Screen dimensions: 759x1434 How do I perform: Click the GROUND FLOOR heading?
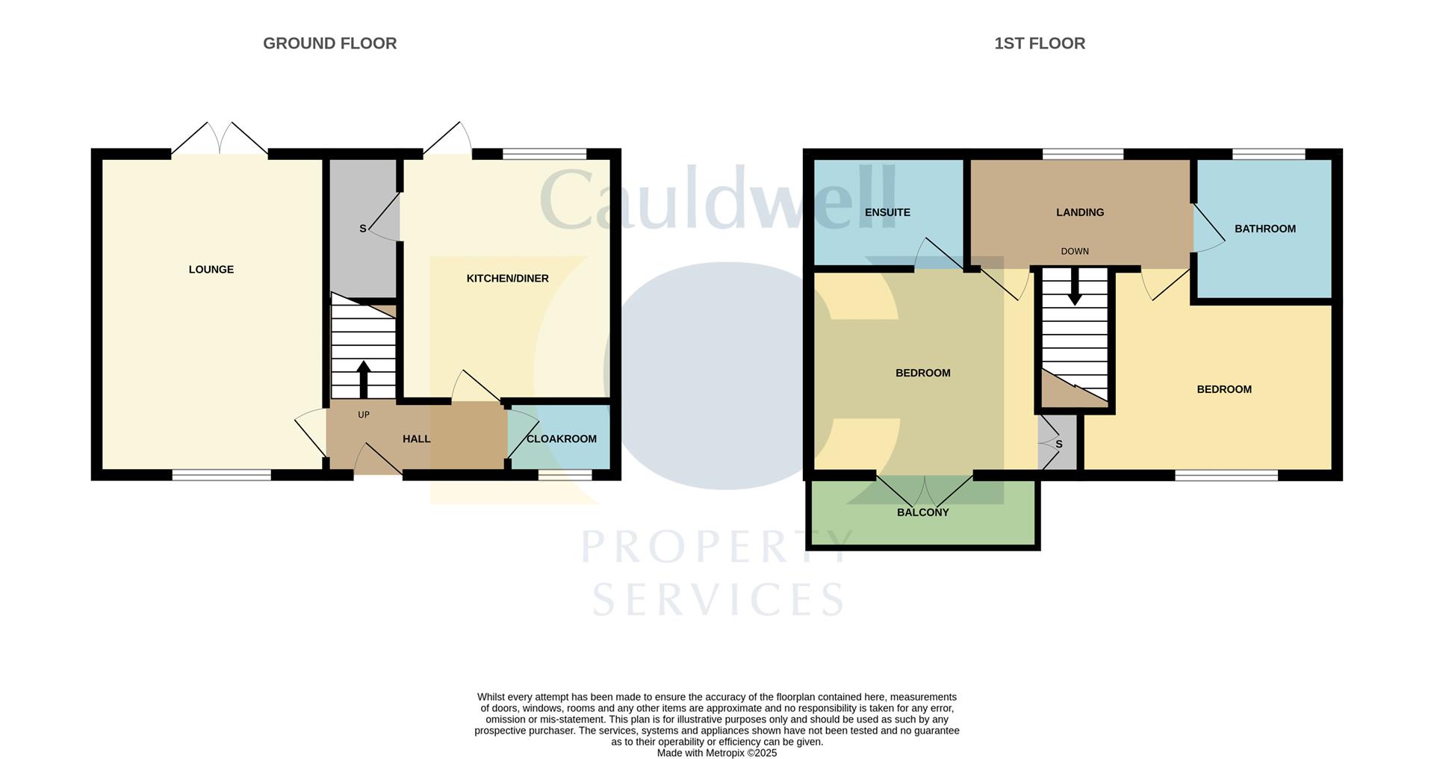pos(329,43)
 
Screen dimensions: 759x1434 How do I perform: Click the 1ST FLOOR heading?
pos(1039,43)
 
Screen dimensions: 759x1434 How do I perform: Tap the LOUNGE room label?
pos(211,270)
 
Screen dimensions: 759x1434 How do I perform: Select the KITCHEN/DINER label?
pos(507,279)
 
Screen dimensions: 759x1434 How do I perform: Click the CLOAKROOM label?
pos(561,439)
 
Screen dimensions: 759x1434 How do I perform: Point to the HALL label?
pos(416,439)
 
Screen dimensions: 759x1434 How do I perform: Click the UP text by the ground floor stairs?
pos(364,415)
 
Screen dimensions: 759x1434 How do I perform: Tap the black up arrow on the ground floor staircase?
pos(364,377)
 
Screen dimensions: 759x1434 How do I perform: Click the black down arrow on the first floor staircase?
pos(1075,288)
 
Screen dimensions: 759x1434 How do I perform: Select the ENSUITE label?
pos(887,213)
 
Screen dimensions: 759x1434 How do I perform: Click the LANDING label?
pos(1079,213)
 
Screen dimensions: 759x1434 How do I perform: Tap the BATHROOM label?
pos(1264,229)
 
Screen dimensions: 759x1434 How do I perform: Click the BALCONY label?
pos(922,512)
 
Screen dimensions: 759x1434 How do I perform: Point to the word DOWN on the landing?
pos(1075,252)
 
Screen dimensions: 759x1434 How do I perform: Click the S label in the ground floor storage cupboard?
pos(363,229)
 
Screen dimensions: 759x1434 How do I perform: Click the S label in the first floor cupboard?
pos(1058,444)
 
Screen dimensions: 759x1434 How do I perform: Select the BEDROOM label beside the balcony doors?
pos(922,374)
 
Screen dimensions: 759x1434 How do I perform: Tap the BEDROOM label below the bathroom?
pos(1223,389)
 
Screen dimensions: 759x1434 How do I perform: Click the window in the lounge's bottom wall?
pos(221,474)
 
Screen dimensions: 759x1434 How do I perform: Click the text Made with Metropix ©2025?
pos(716,753)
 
